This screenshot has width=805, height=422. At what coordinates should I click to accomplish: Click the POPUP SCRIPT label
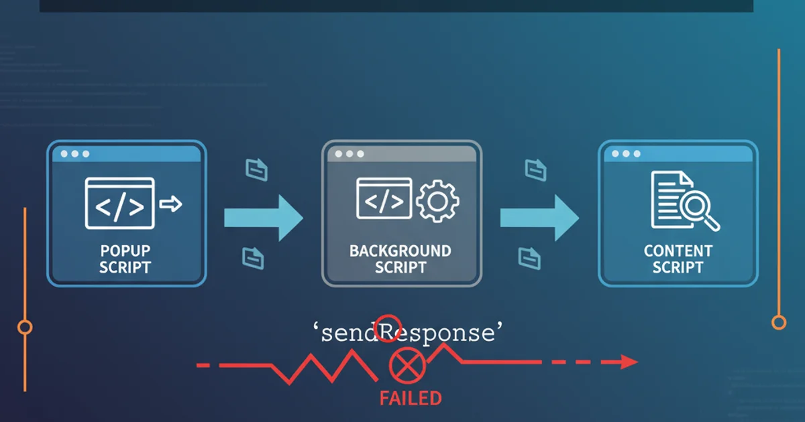click(125, 259)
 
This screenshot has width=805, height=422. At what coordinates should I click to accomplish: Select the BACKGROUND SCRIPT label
click(400, 259)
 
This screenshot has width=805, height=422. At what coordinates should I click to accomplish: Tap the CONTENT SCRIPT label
click(678, 259)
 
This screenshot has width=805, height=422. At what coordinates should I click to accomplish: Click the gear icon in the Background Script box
click(437, 200)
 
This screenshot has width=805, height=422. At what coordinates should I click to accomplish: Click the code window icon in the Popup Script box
click(119, 203)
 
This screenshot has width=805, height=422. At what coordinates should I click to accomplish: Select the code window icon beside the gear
click(384, 198)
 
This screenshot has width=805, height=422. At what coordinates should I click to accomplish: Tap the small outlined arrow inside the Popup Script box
click(172, 204)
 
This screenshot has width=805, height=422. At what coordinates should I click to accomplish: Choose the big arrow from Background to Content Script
click(539, 216)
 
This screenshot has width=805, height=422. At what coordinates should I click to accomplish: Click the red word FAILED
click(411, 399)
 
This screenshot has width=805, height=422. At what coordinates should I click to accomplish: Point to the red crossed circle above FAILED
click(404, 367)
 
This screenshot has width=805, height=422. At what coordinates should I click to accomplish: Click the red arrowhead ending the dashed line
click(629, 362)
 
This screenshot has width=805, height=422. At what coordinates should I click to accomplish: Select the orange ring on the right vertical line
click(779, 323)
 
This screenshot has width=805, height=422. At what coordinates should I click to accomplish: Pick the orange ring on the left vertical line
click(25, 327)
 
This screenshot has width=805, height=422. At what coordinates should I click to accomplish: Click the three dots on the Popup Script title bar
click(75, 154)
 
